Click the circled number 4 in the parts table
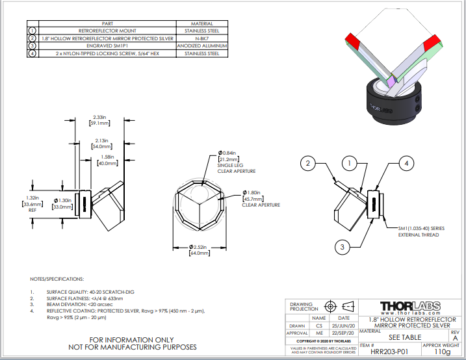point(32,54)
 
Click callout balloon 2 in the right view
point(310,162)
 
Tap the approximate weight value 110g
point(442,351)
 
